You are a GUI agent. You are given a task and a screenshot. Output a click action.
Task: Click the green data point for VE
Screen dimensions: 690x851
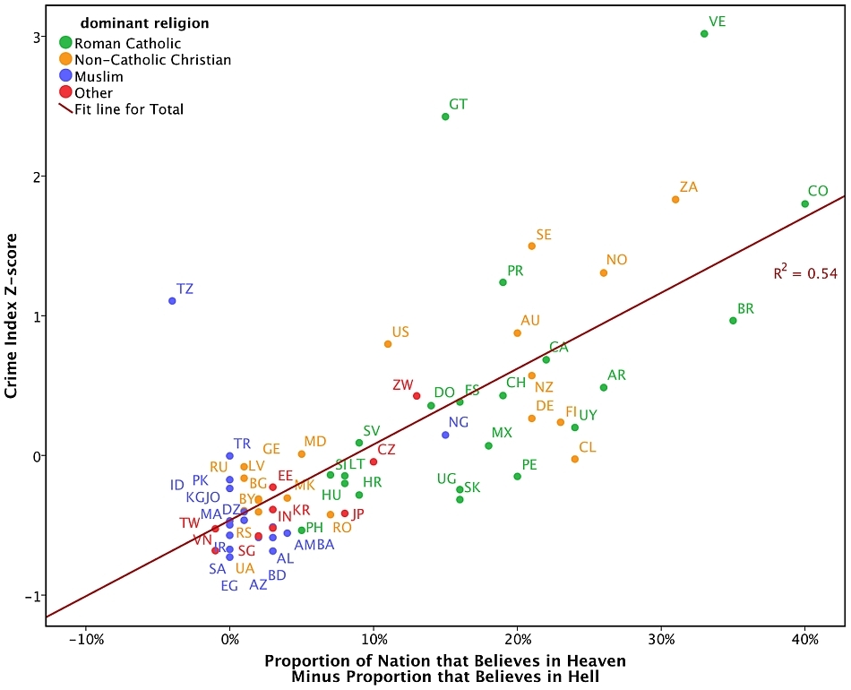(704, 34)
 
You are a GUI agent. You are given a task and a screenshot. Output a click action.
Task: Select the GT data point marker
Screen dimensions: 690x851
(445, 116)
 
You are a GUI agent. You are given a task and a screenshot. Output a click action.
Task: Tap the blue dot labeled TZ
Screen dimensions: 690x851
(172, 301)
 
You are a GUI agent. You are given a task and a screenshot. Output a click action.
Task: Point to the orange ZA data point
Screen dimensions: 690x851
(675, 199)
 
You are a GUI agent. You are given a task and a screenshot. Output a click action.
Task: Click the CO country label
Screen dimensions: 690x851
(817, 191)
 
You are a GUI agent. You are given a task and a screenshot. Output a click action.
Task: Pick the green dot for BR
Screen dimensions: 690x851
(733, 321)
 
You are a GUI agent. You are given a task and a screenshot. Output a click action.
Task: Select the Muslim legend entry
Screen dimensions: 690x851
(99, 77)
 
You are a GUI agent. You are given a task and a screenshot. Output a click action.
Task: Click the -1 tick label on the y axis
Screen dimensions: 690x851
(36, 596)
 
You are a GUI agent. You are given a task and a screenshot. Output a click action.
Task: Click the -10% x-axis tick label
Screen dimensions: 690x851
(85, 642)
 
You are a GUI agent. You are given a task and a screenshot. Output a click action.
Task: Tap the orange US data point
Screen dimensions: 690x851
(388, 343)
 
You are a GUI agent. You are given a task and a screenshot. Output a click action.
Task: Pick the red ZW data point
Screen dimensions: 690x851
(417, 395)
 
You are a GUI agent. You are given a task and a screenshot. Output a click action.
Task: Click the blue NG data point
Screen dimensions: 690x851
(445, 435)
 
